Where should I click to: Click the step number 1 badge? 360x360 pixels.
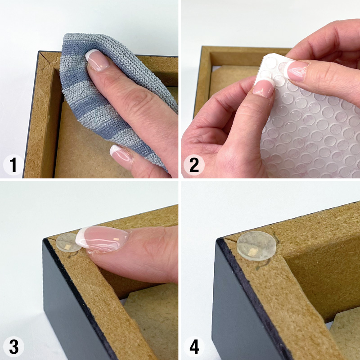(x=13, y=165)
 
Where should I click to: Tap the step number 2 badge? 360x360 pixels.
(x=194, y=165)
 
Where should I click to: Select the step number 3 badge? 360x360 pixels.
(x=13, y=346)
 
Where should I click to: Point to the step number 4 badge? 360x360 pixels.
(x=194, y=346)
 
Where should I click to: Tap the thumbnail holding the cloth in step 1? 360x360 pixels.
(x=97, y=60)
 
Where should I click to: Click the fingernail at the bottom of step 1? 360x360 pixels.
(x=121, y=156)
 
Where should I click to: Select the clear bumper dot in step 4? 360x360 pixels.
(x=256, y=246)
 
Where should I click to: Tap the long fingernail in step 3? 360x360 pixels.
(x=102, y=238)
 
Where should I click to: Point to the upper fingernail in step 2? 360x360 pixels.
(x=296, y=71)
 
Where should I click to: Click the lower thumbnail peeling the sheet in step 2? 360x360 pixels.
(x=264, y=88)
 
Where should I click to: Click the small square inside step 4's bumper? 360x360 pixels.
(x=253, y=252)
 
